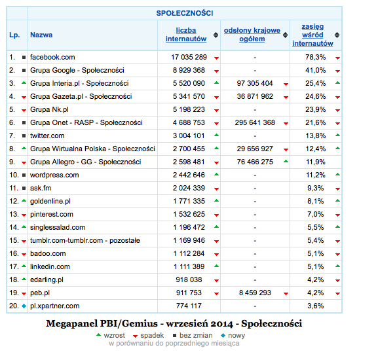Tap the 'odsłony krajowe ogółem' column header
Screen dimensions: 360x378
(x=252, y=35)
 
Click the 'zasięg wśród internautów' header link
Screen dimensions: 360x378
(x=312, y=35)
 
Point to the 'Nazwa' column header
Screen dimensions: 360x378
(x=42, y=35)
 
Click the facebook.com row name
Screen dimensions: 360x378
(x=52, y=57)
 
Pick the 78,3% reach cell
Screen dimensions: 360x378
(x=315, y=57)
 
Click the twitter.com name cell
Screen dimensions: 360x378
(x=48, y=135)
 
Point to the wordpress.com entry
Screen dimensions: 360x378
(x=54, y=175)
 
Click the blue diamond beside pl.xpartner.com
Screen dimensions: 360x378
(x=24, y=306)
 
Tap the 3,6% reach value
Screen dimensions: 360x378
(x=316, y=306)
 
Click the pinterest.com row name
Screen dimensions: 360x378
(x=52, y=214)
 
